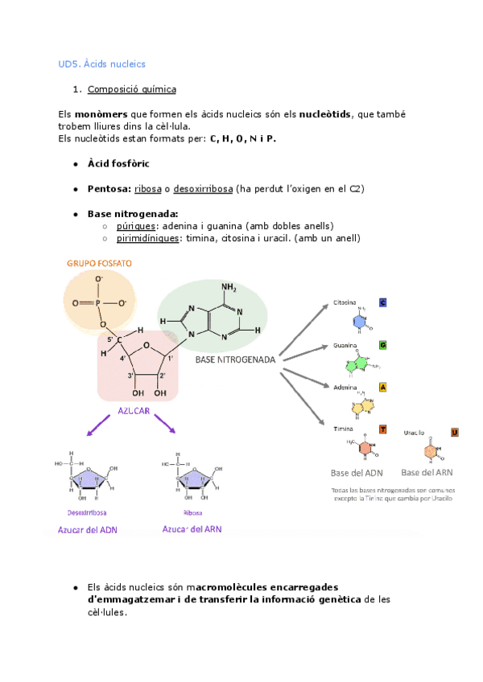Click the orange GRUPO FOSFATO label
(x=100, y=263)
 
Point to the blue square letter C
(x=382, y=302)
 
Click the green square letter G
(x=382, y=345)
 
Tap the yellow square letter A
(x=382, y=387)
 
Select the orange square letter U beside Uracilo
(x=455, y=433)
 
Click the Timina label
(x=344, y=429)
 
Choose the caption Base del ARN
(x=427, y=472)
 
